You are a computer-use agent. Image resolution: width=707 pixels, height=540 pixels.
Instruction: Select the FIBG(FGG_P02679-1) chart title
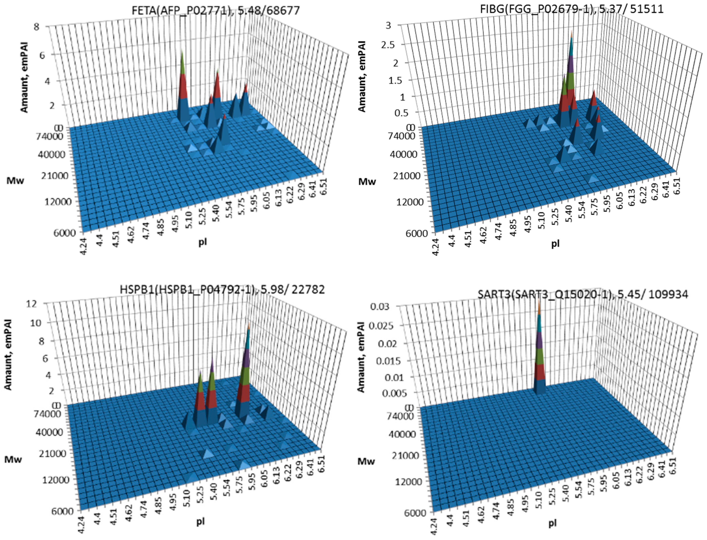571,9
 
